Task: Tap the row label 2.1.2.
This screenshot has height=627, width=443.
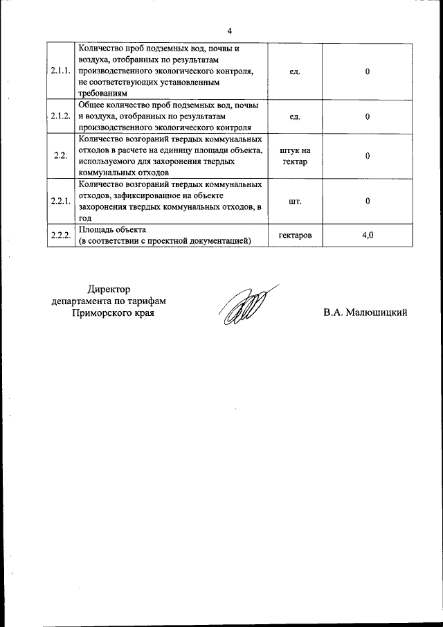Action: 61,116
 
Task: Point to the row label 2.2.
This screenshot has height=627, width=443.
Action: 60,155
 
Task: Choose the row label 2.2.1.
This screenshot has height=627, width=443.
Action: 61,201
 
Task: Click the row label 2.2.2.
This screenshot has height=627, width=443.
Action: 61,236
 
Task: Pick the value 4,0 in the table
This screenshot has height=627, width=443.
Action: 368,236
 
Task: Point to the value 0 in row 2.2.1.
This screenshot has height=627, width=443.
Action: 368,201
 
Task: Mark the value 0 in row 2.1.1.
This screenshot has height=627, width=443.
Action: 368,71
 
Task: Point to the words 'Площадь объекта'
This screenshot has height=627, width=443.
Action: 112,229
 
